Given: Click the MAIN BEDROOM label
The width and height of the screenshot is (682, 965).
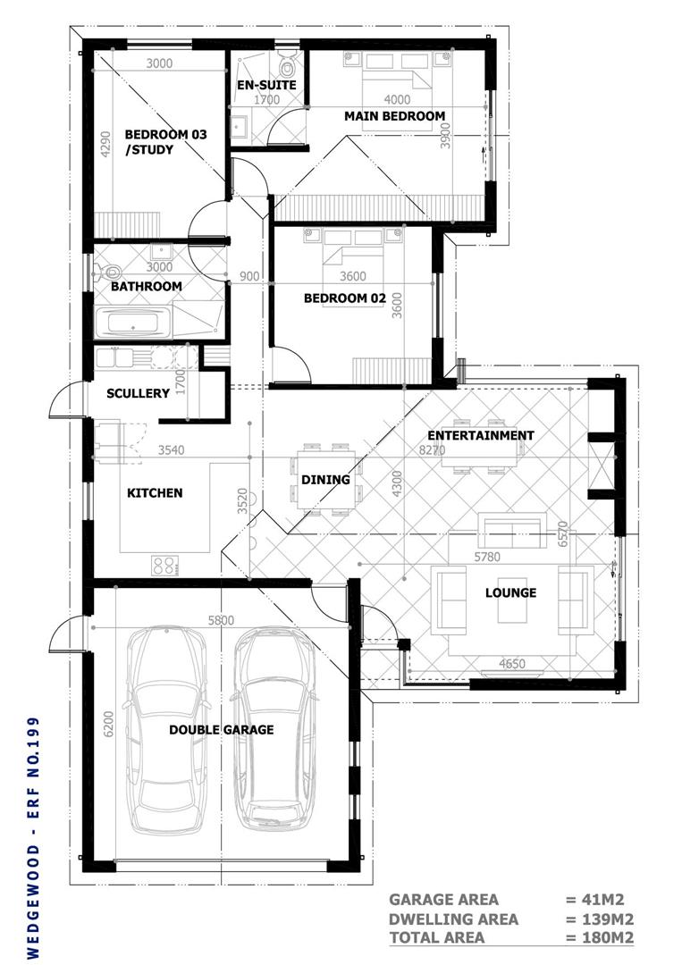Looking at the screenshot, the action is (x=394, y=115).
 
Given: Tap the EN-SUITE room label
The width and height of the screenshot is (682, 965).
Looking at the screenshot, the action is (x=266, y=85).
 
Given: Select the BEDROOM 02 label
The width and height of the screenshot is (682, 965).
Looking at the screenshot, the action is (x=345, y=298).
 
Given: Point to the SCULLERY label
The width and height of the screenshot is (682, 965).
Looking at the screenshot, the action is (x=138, y=393).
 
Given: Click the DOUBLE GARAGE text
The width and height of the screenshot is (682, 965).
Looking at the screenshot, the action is (x=222, y=730).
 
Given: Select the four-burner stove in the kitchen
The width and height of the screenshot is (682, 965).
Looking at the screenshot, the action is (x=165, y=566).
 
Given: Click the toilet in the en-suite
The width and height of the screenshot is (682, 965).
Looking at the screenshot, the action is (x=287, y=63).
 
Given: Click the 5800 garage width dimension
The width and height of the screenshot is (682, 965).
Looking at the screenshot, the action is (x=221, y=620).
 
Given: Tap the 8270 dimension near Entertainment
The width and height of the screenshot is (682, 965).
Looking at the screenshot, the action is (x=432, y=449).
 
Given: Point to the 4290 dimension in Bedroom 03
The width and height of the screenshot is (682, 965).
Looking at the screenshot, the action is (x=105, y=145).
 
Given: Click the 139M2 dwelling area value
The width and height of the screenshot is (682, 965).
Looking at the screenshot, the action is (x=600, y=919).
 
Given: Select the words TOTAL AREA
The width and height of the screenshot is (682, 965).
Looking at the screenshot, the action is (x=437, y=938).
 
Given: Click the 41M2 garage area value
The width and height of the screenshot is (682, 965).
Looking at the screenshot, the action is (x=594, y=900).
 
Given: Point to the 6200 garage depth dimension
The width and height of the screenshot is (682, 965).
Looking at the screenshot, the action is (x=109, y=725).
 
